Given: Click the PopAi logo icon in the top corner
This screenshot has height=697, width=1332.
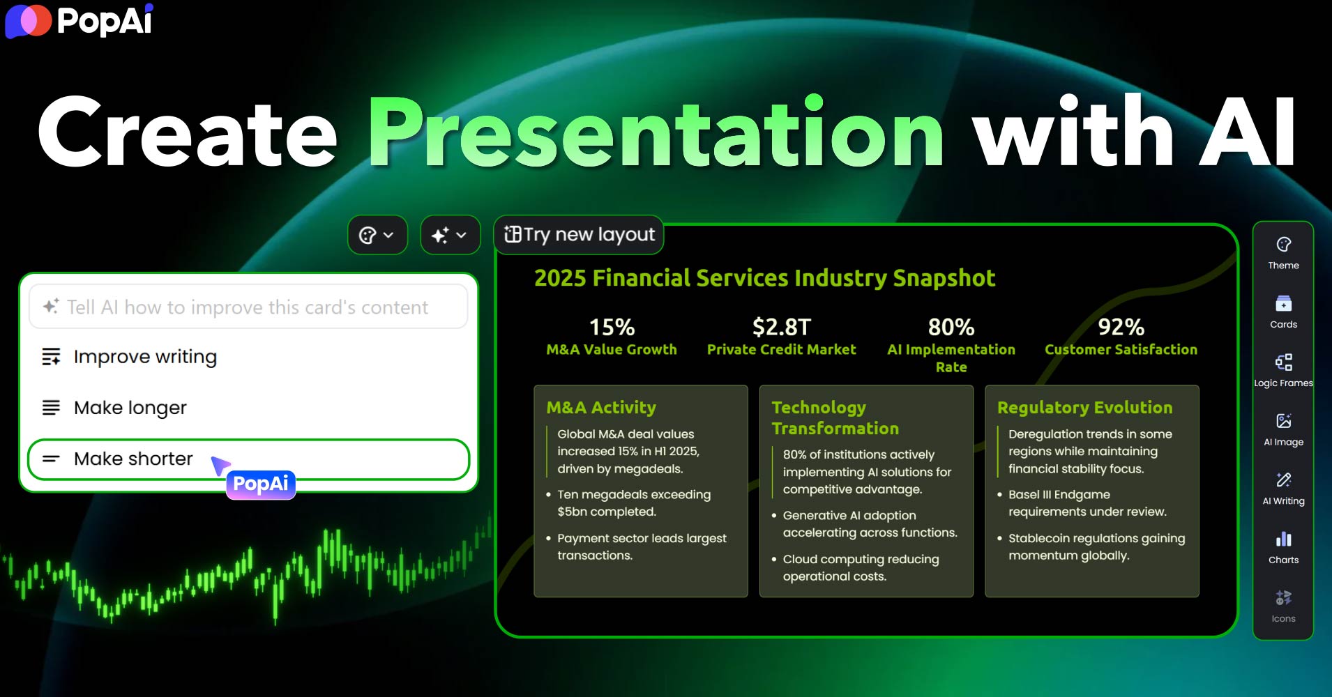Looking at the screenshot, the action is (29, 21).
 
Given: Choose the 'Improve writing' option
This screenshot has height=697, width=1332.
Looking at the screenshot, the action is (145, 357).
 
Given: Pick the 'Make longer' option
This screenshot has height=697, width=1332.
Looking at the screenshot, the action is (130, 408).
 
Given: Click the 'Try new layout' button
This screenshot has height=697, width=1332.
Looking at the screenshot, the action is (579, 235).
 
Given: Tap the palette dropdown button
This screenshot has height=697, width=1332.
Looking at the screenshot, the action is (377, 235).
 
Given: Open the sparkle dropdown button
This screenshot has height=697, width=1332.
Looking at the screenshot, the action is (450, 235).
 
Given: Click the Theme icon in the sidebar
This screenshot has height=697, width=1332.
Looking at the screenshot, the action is (1283, 245).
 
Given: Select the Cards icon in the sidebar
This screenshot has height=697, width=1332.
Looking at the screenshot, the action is (1283, 304).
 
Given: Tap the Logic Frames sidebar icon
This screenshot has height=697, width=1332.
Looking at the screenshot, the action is (1283, 362).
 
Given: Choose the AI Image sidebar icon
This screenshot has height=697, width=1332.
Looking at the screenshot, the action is (1283, 421).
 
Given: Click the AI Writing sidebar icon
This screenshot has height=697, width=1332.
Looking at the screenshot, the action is (1283, 480).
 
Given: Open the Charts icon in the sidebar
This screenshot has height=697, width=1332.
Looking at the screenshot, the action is (1283, 539).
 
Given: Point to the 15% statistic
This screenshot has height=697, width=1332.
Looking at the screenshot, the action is (612, 327).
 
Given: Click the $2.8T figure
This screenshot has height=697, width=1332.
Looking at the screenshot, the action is (781, 327).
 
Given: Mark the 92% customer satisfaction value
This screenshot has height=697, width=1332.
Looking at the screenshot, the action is (1121, 327).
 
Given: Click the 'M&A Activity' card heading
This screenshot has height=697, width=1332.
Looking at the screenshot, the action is (601, 407).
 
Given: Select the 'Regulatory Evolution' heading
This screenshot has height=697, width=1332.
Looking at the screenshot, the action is (1084, 407).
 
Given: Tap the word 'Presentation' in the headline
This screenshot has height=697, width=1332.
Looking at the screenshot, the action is (656, 132).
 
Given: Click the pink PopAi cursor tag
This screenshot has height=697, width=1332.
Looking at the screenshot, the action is (261, 484).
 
